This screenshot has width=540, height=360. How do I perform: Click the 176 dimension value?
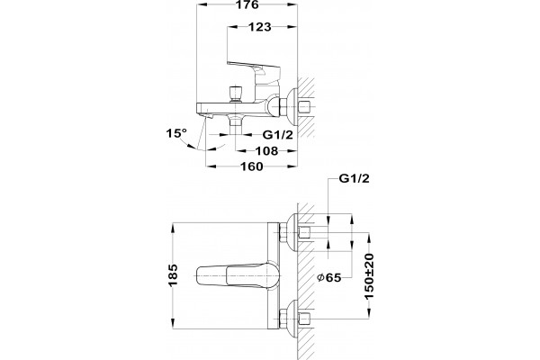[x=248, y=4]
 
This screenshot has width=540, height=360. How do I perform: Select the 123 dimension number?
[x=260, y=26]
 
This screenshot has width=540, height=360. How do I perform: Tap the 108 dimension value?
[x=266, y=150]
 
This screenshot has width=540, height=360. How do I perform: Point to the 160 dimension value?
[x=251, y=166]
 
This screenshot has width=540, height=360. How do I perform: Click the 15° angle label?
[x=176, y=133]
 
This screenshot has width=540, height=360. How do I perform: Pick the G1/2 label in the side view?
[x=278, y=135]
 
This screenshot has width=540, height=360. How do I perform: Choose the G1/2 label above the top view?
[x=354, y=178]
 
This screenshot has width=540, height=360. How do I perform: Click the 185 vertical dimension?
[x=173, y=274]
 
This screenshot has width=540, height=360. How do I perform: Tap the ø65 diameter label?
[x=328, y=277]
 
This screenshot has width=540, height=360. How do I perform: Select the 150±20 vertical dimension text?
[x=369, y=276]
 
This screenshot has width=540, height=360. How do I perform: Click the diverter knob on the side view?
[x=236, y=94]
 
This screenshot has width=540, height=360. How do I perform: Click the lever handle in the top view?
[x=238, y=276]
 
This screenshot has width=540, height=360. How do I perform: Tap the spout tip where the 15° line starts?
[x=207, y=117]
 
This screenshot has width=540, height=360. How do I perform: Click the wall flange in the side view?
[x=293, y=107]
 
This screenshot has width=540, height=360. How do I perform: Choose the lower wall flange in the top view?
[x=292, y=319]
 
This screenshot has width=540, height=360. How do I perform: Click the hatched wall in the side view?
[x=306, y=107]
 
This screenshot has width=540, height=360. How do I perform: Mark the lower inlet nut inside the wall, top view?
[x=305, y=319]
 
